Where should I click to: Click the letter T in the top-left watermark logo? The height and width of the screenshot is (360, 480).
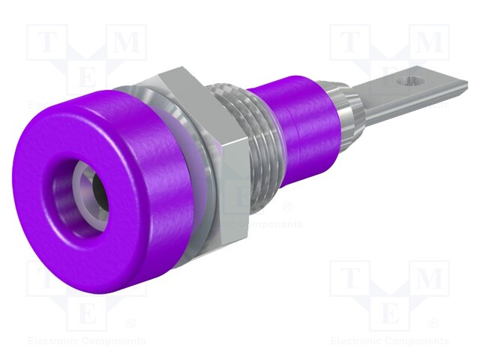tap(44, 43)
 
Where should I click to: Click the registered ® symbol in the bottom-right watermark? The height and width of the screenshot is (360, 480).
tap(432, 324)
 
